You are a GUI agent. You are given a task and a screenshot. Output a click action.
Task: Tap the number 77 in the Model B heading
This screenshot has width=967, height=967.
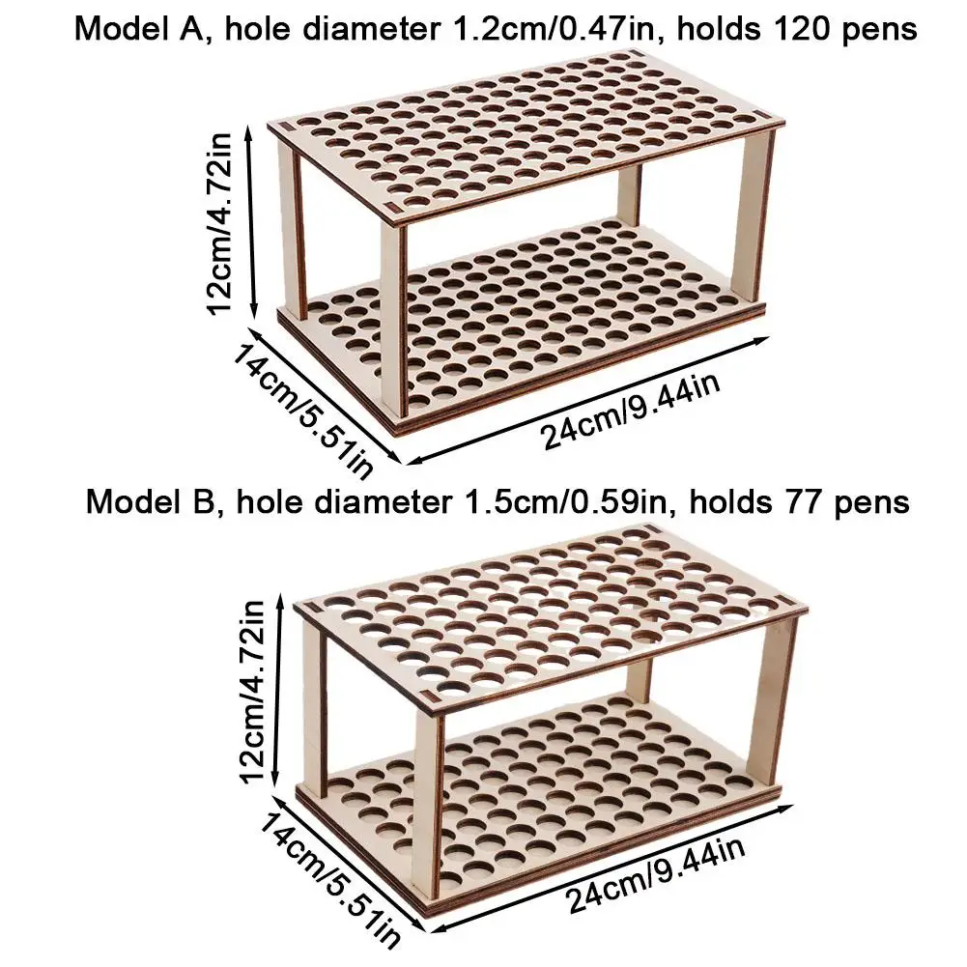(810, 502)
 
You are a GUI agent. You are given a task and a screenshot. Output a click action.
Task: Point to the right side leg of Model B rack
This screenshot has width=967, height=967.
(776, 696)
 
